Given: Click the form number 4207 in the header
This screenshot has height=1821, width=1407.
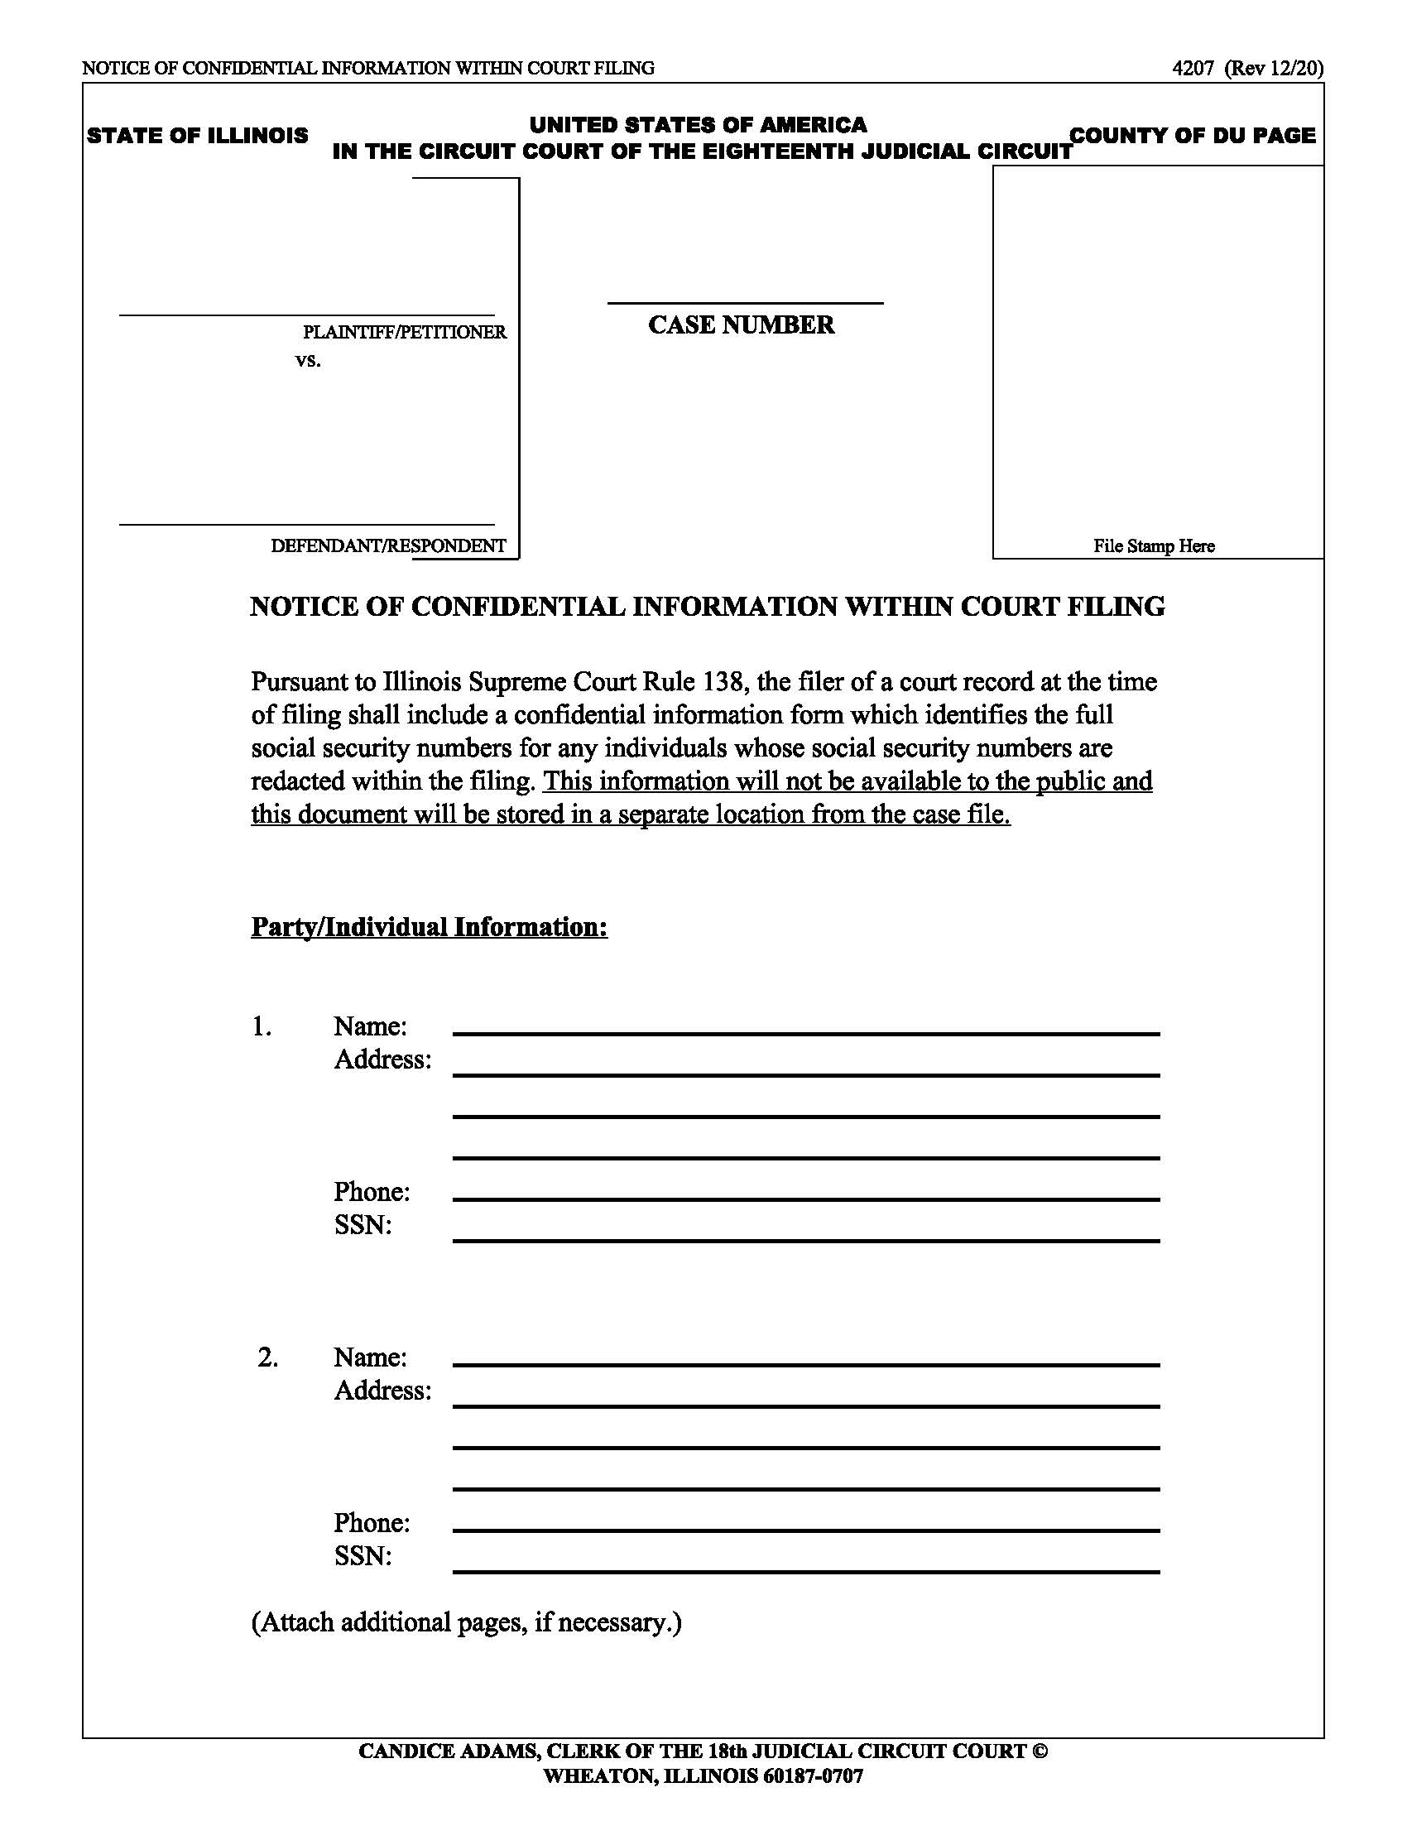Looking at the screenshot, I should click(x=1192, y=69).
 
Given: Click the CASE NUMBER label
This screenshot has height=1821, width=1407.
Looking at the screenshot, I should click(x=740, y=324).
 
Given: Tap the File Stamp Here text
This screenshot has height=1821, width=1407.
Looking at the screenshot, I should click(x=1154, y=546).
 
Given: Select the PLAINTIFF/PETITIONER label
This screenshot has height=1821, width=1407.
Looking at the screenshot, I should click(x=403, y=332).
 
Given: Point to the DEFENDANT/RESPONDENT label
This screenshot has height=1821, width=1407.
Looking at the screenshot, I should click(x=387, y=546).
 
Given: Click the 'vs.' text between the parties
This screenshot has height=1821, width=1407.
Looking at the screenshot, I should click(x=308, y=361).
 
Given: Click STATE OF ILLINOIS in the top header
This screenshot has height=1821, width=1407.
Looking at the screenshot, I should click(x=198, y=136).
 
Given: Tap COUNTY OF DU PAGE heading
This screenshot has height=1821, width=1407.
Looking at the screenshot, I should click(x=1192, y=135).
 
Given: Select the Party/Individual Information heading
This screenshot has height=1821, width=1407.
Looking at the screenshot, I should click(x=430, y=927).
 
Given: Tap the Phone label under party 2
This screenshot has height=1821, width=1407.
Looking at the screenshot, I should click(x=372, y=1522).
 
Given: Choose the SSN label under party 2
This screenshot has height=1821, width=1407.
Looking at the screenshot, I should click(x=363, y=1556).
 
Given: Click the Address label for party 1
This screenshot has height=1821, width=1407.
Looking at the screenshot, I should click(x=382, y=1059).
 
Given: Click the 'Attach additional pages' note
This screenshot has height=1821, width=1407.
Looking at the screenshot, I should click(x=466, y=1622).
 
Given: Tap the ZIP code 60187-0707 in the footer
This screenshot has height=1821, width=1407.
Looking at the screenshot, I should click(x=813, y=1776).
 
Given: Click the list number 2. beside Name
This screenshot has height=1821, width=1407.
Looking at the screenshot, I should click(x=267, y=1357).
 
